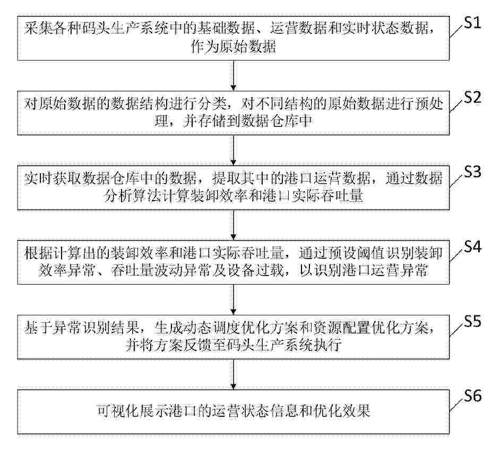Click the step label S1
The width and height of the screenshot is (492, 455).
pos(472,23)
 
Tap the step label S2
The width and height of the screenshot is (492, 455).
pos(472,97)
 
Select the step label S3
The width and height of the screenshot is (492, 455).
pos(472,171)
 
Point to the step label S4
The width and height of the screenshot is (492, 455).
pos(472,247)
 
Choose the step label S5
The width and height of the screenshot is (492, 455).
pos(472,321)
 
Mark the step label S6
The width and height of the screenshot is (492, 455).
pos(472,396)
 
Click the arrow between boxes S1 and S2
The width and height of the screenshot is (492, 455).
pos(233,75)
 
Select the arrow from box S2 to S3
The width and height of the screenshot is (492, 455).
pos(233,150)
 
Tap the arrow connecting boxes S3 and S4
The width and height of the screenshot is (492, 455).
pos(233,225)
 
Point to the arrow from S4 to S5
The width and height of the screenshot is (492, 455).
pos(233,299)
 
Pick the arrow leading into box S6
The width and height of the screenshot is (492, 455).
pos(233,374)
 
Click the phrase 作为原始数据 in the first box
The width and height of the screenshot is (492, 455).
pos(234,47)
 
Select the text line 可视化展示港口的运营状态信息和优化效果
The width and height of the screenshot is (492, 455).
pos(234,411)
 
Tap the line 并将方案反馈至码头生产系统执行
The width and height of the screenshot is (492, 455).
pos(234,345)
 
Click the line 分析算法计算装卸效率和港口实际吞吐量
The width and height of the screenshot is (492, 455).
pos(234,196)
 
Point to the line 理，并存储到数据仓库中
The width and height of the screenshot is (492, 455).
pos(234,122)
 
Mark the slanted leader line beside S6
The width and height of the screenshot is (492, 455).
pos(457,405)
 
